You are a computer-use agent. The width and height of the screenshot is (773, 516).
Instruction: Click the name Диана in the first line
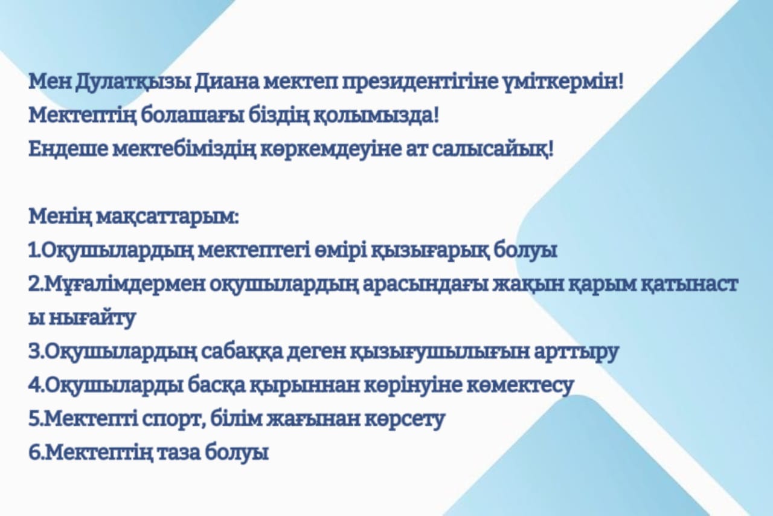click(226, 83)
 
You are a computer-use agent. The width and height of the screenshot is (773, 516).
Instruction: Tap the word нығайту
click(92, 318)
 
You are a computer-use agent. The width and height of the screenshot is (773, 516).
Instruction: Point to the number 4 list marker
click(35, 385)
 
